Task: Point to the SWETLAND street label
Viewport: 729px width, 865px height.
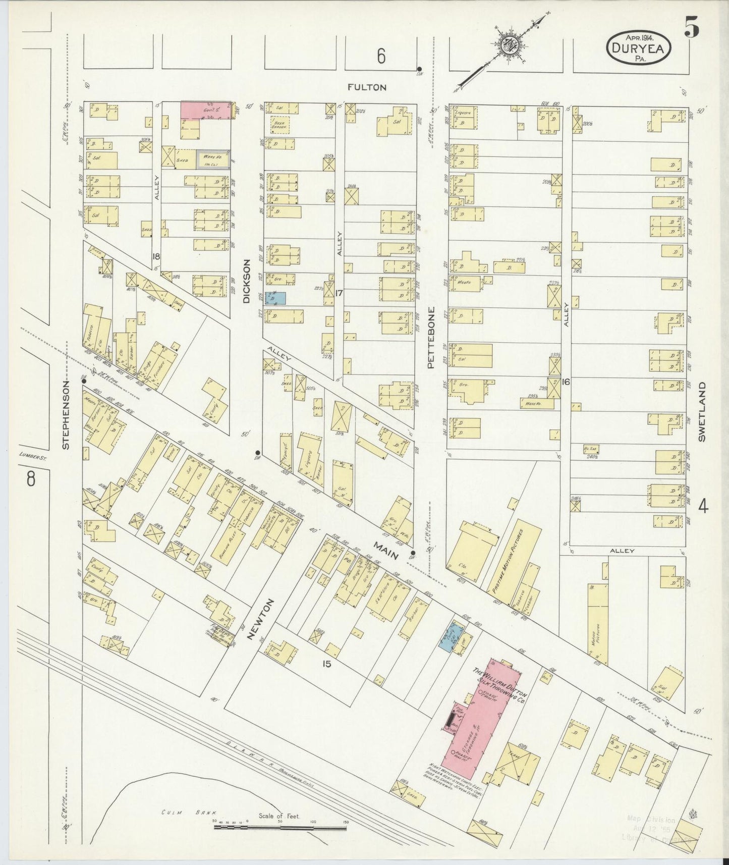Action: click(702, 411)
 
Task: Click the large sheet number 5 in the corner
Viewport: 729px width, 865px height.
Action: click(692, 30)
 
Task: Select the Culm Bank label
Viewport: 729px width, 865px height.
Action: click(189, 813)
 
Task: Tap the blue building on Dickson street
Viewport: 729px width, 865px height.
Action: click(275, 298)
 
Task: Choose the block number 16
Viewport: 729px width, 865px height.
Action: click(566, 382)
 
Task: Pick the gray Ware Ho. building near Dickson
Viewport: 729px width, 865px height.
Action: click(213, 159)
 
